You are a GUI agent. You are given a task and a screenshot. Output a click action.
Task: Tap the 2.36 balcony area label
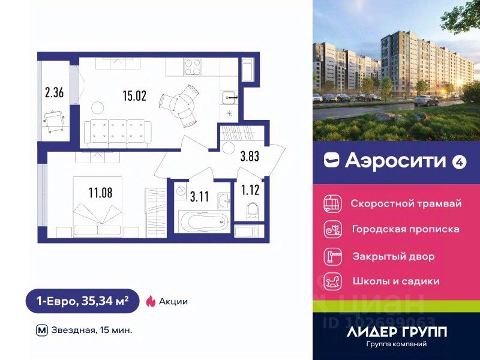point(54,92)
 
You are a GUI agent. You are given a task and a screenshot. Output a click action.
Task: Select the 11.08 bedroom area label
point(100,193)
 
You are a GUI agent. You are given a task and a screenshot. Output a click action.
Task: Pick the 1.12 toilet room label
point(251,191)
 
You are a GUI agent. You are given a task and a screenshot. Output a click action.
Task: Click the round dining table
point(181,102)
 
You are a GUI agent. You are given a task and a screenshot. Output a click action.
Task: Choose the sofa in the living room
point(116,132)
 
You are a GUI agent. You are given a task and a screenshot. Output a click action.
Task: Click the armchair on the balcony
point(55,119)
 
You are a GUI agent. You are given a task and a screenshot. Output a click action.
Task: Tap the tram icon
point(332,203)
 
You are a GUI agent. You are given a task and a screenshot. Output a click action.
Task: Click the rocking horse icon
point(332,281)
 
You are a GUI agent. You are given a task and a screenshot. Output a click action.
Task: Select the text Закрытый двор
point(394,256)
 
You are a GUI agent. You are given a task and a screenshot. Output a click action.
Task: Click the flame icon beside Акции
point(151,301)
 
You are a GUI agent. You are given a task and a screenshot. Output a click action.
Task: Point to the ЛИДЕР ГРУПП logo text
point(397,331)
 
